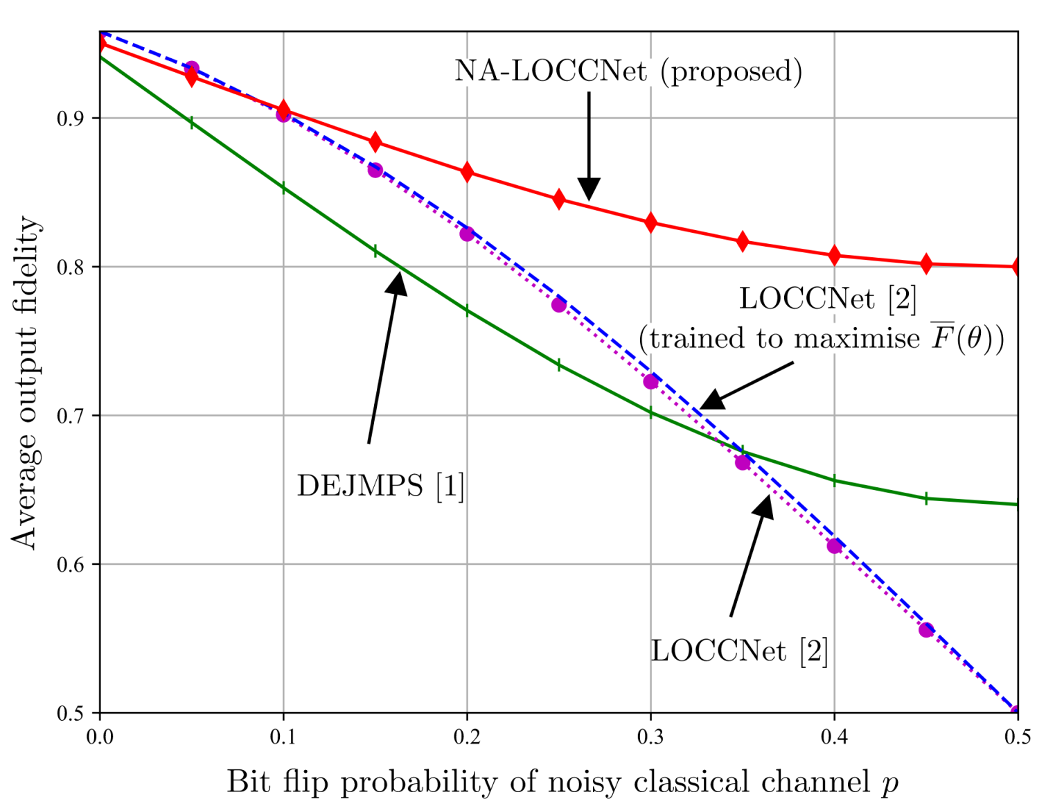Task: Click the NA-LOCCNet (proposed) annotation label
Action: [x=628, y=71]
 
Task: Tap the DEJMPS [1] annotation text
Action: [x=380, y=486]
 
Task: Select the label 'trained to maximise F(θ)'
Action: [x=821, y=338]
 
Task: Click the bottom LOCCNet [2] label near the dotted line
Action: [x=739, y=651]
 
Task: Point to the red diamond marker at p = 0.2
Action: [x=467, y=172]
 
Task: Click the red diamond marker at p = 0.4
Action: [x=834, y=255]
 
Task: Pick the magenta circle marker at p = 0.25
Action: [x=559, y=305]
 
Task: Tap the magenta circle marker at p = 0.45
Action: [x=926, y=630]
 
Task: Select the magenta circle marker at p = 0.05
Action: [x=192, y=69]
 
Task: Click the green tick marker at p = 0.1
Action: [x=283, y=188]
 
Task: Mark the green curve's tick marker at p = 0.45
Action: [x=926, y=498]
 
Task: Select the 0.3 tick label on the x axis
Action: [x=650, y=737]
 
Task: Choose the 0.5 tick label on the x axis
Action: [x=1017, y=737]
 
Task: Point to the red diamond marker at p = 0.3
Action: [x=650, y=222]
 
